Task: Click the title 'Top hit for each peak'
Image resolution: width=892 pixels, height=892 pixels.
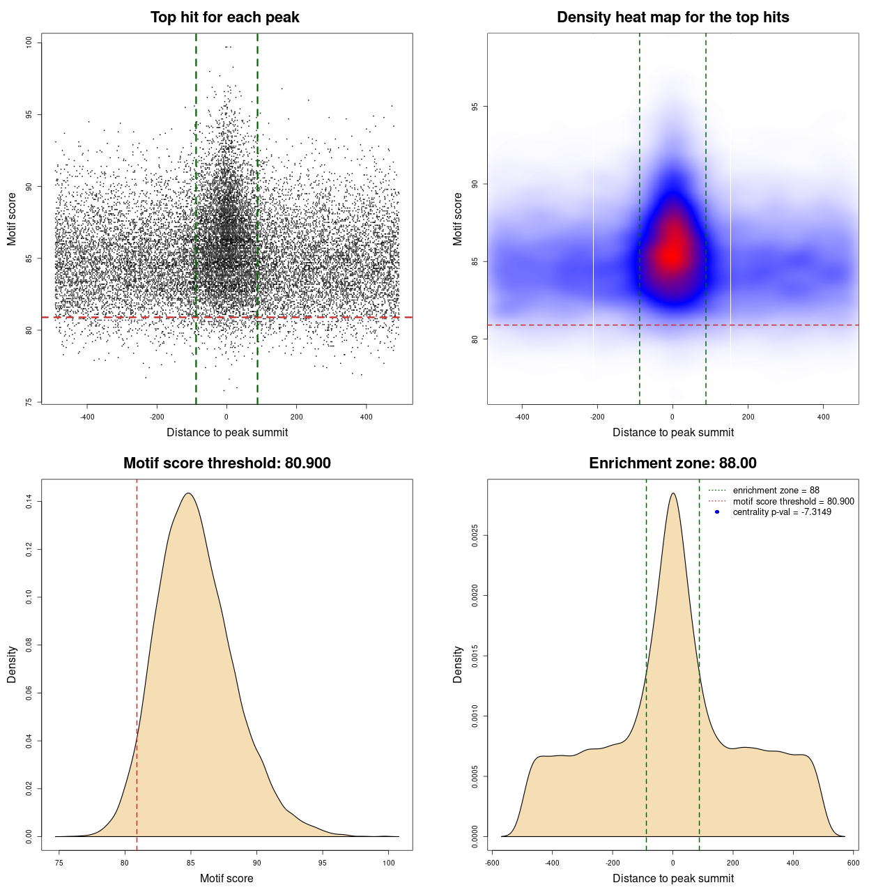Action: coord(224,17)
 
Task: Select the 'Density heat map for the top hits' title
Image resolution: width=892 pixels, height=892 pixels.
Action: coord(672,17)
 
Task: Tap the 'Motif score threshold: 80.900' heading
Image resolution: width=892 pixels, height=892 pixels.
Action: coord(226,463)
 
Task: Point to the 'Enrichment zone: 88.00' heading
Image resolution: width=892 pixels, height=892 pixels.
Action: coord(672,463)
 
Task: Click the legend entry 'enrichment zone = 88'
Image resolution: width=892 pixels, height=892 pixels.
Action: coord(776,491)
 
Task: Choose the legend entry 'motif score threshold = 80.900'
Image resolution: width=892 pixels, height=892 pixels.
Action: coord(793,502)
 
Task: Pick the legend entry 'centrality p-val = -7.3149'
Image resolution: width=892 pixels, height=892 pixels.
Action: coord(782,512)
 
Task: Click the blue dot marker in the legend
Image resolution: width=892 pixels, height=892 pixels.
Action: coord(717,512)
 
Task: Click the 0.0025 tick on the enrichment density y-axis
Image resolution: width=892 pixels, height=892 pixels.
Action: coord(475,535)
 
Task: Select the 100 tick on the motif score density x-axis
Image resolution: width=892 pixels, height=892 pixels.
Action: coord(389,863)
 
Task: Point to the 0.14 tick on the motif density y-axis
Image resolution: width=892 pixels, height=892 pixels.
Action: coord(29,502)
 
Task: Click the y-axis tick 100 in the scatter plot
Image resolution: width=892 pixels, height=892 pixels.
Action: coord(29,43)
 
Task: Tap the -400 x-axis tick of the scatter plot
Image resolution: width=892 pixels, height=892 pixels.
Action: coord(87,417)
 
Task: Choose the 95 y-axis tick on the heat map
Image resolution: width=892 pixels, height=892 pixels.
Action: coord(475,107)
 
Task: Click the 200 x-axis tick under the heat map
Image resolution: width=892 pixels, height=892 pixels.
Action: coord(748,417)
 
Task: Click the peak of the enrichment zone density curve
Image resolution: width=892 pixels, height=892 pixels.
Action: coord(672,493)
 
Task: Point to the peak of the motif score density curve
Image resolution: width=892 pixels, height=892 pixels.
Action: coord(187,493)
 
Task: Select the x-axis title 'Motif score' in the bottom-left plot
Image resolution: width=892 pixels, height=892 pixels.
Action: coord(226,878)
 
